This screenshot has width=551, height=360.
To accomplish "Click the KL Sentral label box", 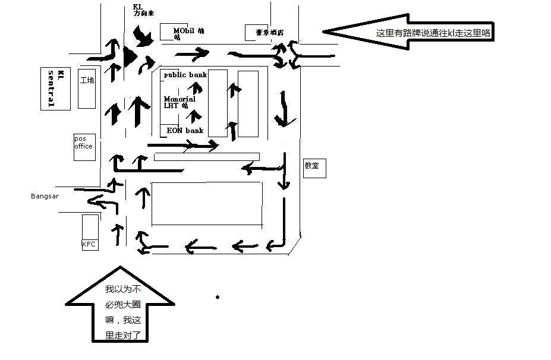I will (52, 89).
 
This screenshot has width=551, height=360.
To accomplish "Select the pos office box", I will (83, 147).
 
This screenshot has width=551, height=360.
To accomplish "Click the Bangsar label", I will (45, 196).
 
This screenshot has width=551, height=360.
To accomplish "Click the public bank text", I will (185, 75).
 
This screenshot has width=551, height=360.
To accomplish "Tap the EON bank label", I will (185, 131).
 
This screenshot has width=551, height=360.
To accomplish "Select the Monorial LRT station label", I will (179, 102).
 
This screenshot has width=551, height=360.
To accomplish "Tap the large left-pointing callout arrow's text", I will (433, 33).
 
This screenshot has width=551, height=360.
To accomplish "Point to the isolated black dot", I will (218, 297).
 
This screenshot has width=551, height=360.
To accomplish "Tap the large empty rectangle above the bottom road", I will (207, 204).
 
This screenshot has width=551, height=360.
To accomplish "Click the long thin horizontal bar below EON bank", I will (206, 157).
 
